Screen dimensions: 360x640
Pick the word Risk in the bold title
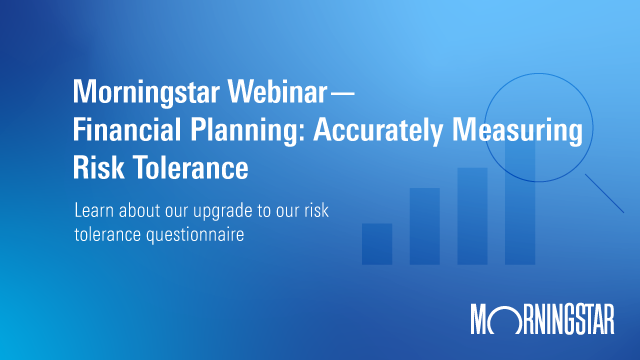tap(96, 168)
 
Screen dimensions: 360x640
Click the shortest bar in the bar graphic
tap(377, 244)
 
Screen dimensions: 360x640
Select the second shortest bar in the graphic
tap(425, 226)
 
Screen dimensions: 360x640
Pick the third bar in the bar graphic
tap(472, 216)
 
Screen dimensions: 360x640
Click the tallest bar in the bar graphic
tap(520, 200)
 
